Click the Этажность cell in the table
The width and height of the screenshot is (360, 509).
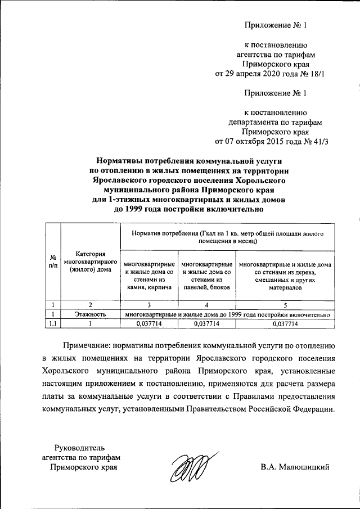coord(89,315)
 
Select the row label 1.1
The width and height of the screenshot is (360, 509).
coord(52,324)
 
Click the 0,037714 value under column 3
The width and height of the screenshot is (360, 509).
coord(148,324)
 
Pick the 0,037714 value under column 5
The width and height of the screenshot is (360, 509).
coord(285,324)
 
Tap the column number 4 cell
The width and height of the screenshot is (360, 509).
coord(206,305)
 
